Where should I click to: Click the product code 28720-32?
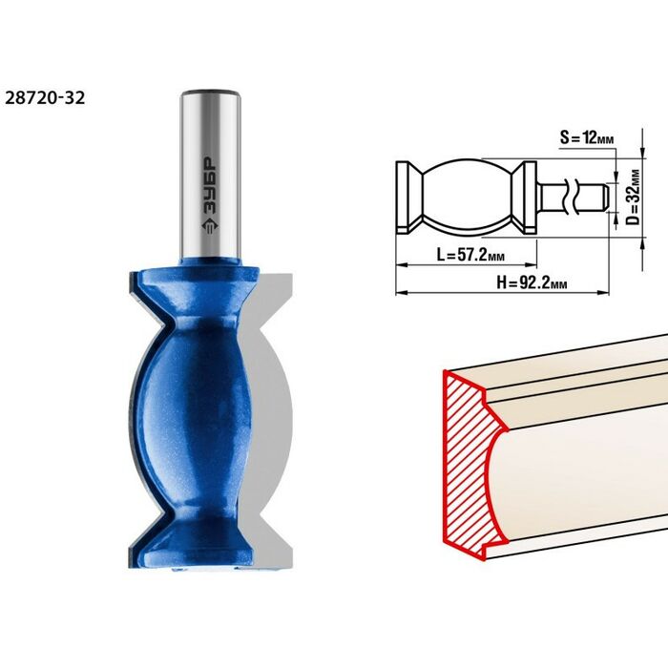click(x=45, y=98)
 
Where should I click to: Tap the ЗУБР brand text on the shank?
click(x=209, y=185)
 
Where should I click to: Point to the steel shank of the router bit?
click(x=211, y=175)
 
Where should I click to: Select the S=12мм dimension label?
click(x=587, y=137)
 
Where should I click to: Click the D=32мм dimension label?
click(x=634, y=197)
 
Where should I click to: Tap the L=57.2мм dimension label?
click(x=470, y=255)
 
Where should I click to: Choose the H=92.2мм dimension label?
click(x=532, y=282)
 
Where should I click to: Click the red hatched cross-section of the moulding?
click(x=469, y=462)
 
